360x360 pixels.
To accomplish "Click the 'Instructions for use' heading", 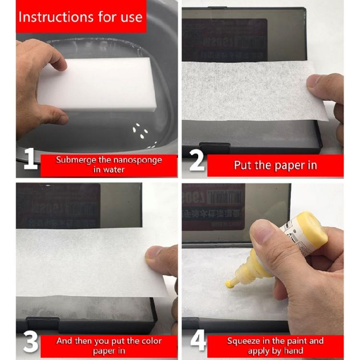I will (80, 17).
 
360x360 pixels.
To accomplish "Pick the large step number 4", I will (198, 340).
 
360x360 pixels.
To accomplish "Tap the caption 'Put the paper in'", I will (275, 166).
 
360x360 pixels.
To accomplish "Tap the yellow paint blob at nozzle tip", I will (229, 285).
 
